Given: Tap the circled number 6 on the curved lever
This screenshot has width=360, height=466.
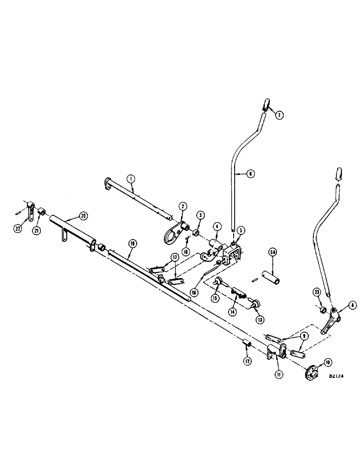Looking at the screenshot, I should [250, 174].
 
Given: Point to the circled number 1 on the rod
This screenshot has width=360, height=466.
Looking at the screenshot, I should [132, 178].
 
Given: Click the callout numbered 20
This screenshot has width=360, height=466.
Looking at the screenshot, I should [83, 216].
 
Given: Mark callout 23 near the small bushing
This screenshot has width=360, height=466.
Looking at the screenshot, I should [318, 293].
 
